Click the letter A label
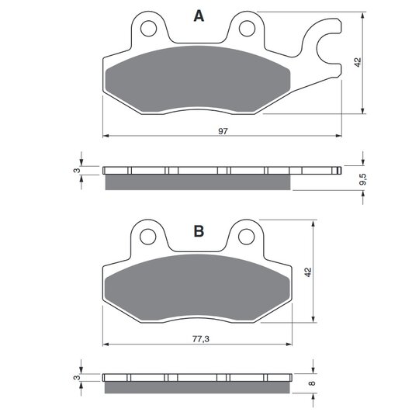(x=199, y=16)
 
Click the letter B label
(x=199, y=231)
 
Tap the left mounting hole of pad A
(x=148, y=29)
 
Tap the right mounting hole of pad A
(x=247, y=29)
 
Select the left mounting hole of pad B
(x=147, y=237)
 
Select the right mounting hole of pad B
(x=246, y=237)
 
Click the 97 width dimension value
(x=223, y=131)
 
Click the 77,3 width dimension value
(x=201, y=339)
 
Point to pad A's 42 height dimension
(x=358, y=62)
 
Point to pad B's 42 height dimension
(x=308, y=272)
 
